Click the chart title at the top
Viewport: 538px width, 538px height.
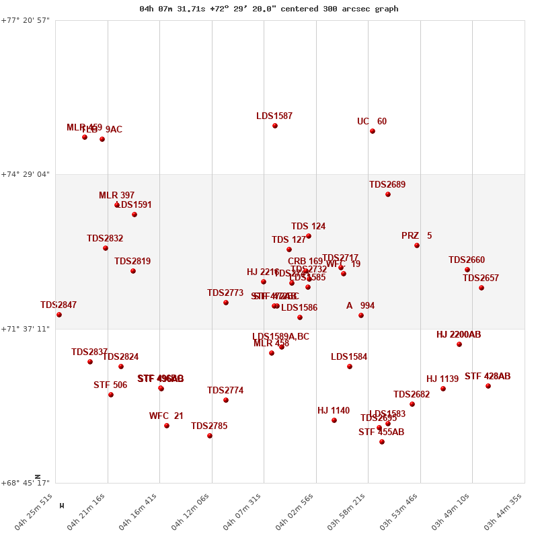coord(269,9)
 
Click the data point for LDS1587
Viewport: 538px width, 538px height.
coord(275,126)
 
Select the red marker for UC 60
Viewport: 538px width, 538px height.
coord(373,131)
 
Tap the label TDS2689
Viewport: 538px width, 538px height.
coord(387,185)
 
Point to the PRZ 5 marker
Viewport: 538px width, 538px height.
coord(417,245)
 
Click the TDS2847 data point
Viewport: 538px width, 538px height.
coord(59,315)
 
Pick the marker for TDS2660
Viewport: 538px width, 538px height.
coord(467,270)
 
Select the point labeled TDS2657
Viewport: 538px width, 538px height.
coord(482,288)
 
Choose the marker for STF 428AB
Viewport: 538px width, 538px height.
coord(488,386)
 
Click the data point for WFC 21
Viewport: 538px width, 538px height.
coord(167,426)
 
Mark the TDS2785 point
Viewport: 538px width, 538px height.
coord(210,436)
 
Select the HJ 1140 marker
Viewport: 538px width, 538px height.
coord(334,420)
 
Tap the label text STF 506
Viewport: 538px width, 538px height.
coord(110,385)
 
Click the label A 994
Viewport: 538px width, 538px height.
coord(360,306)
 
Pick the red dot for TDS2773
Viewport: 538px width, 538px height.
coord(226,303)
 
